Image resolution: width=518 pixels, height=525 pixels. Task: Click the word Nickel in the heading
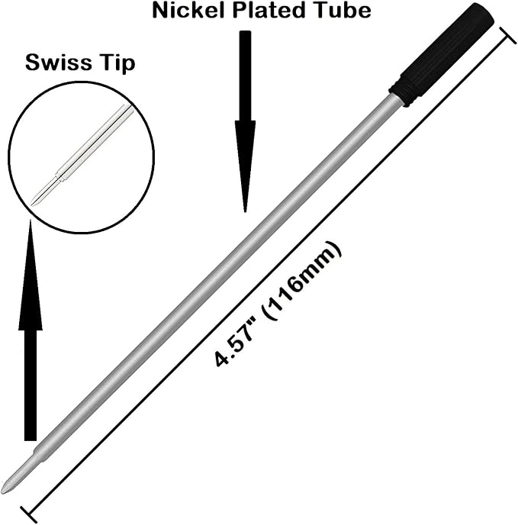pyautogui.click(x=188, y=11)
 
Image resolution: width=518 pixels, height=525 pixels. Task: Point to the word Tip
pyautogui.click(x=117, y=63)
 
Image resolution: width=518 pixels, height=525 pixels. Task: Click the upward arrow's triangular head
pyautogui.click(x=31, y=275)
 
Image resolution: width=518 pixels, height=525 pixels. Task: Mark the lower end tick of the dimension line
pyautogui.click(x=28, y=514)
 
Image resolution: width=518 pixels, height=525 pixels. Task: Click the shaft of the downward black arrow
pyautogui.click(x=246, y=76)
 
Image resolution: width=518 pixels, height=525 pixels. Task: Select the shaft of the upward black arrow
pyautogui.click(x=31, y=385)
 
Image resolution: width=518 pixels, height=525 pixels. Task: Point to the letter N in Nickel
pyautogui.click(x=160, y=11)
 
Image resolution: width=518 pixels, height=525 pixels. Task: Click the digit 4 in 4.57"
pyautogui.click(x=220, y=359)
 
